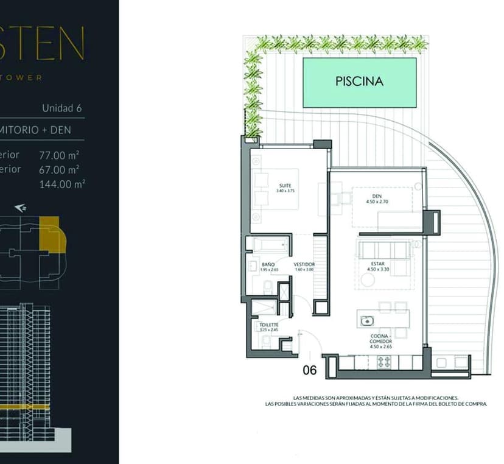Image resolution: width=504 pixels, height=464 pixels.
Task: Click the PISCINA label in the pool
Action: point(359,81)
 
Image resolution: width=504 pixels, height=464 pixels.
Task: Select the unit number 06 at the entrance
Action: point(310,369)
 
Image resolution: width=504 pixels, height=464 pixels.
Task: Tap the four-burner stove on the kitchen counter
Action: point(385,362)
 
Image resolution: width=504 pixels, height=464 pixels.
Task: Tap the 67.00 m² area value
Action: point(61,169)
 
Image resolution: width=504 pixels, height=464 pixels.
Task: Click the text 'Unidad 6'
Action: point(61,108)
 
